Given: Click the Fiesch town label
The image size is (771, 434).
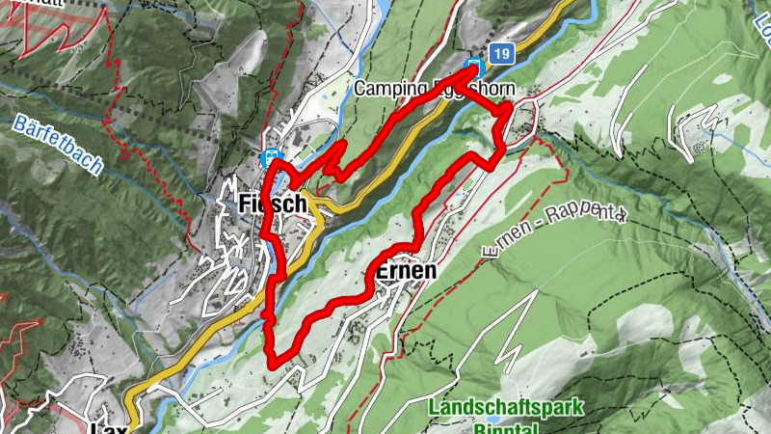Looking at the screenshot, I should tap(272, 204).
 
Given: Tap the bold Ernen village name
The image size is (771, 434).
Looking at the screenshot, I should tap(405, 271).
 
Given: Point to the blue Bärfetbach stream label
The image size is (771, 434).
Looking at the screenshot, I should tap(58, 144).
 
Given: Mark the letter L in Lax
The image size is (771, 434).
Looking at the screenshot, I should tap(93, 425).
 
